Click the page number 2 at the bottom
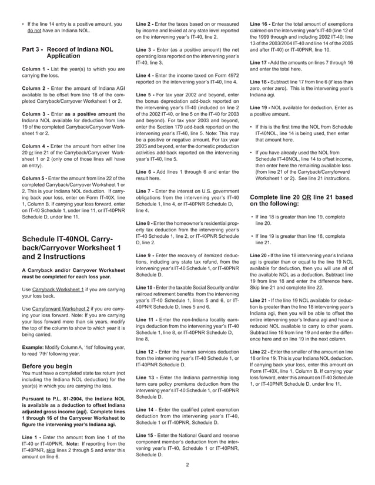pos(187,465)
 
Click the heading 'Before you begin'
pos(49,365)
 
